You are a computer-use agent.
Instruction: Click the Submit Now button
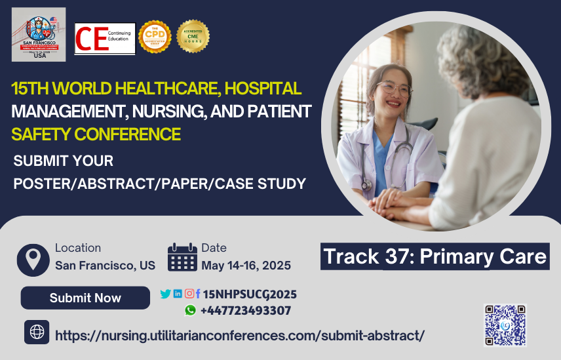85,298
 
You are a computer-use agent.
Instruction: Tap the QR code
505,325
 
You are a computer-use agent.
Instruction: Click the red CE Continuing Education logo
105,39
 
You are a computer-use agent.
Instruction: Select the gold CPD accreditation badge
155,37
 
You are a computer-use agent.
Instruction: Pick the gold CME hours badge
193,37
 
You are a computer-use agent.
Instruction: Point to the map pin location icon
33,258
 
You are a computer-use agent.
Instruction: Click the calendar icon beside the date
182,258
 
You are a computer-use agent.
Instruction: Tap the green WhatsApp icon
190,311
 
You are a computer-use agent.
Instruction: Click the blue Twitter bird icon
165,294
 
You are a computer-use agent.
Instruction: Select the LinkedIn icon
178,294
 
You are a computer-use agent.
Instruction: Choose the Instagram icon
189,294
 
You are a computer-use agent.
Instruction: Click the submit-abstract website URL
240,335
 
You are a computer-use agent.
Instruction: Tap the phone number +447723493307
246,311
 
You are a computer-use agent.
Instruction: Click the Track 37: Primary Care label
435,256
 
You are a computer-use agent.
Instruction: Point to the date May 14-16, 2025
246,266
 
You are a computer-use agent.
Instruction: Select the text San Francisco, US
105,266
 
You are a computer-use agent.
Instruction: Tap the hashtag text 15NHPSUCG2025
250,294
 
